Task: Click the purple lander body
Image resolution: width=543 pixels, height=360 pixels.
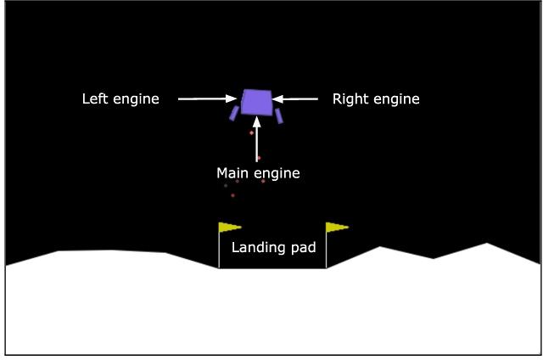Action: coord(256,102)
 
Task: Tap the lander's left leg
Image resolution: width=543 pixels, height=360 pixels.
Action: coord(233,114)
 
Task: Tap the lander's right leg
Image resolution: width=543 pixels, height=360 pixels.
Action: coord(277,115)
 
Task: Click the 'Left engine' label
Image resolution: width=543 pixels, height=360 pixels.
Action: coord(120,99)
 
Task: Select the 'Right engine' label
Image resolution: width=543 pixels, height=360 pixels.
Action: coord(375,99)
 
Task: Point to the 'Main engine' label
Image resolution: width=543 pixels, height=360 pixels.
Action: coord(258,174)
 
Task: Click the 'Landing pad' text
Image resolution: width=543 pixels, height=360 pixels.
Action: coord(273,248)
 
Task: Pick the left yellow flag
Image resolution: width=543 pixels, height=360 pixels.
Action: coord(229,227)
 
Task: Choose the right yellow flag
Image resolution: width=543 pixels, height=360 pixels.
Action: coord(336,227)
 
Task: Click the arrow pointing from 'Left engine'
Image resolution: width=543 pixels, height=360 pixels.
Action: coord(207,99)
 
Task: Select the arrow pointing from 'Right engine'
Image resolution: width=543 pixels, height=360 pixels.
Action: coord(295,99)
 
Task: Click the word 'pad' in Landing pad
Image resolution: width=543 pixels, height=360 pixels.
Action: coord(305,248)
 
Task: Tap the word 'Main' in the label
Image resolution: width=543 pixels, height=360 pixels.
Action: coord(233,174)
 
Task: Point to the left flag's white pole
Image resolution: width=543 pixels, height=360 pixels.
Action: coord(219,250)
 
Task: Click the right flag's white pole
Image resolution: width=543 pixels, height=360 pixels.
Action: coord(327,250)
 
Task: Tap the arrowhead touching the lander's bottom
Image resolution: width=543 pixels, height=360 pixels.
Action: coord(257,121)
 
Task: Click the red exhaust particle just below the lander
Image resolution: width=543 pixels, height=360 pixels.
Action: coord(251,132)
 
